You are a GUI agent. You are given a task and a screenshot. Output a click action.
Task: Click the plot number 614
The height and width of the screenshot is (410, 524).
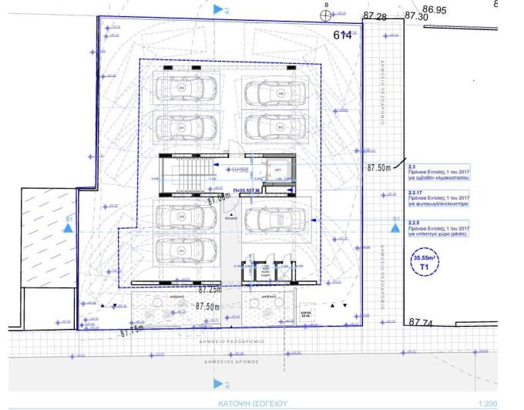tap(342, 35)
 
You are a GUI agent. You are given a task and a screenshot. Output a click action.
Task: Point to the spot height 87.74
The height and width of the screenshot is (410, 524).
tap(421, 323)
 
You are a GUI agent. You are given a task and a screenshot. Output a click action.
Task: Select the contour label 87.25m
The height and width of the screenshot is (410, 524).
tap(210, 291)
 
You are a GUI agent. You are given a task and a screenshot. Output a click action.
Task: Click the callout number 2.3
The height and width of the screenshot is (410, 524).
tap(412, 166)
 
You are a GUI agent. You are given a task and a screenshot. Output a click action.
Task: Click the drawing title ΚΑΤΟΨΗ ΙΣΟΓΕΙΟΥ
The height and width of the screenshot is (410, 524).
tap(252, 402)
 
